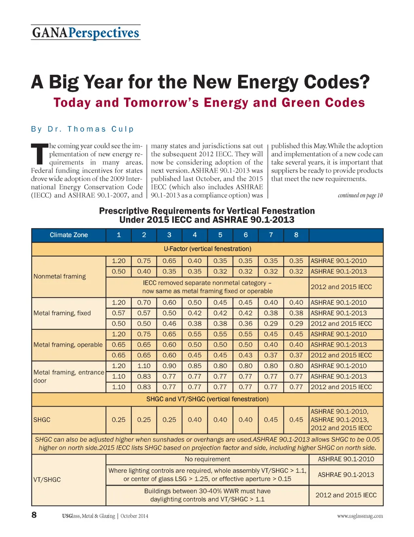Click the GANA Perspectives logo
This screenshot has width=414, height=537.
86,33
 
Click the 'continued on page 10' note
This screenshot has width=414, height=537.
360,196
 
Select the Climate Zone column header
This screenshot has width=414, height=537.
69,235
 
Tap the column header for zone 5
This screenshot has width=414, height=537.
220,235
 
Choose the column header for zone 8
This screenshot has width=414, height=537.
296,235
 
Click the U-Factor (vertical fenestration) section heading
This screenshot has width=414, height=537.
207,249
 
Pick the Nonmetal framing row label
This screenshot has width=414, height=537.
60,276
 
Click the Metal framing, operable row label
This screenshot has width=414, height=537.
68,345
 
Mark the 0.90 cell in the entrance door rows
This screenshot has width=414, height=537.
169,366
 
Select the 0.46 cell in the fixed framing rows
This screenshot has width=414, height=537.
169,324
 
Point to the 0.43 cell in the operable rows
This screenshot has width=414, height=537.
245,355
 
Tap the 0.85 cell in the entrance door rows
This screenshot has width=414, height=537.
194,366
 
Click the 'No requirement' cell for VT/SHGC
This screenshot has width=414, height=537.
207,459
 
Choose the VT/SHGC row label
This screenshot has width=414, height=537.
47,480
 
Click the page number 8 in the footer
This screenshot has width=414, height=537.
34,515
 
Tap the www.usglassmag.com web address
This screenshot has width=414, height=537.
360,516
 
